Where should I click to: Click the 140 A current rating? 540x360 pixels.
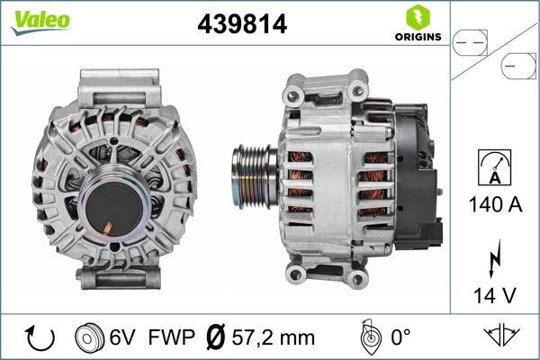tap(495, 204)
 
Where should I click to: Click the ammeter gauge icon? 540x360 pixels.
tap(496, 170)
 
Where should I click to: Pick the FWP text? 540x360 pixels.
tap(171, 338)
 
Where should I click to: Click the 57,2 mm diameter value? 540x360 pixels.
tap(272, 338)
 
